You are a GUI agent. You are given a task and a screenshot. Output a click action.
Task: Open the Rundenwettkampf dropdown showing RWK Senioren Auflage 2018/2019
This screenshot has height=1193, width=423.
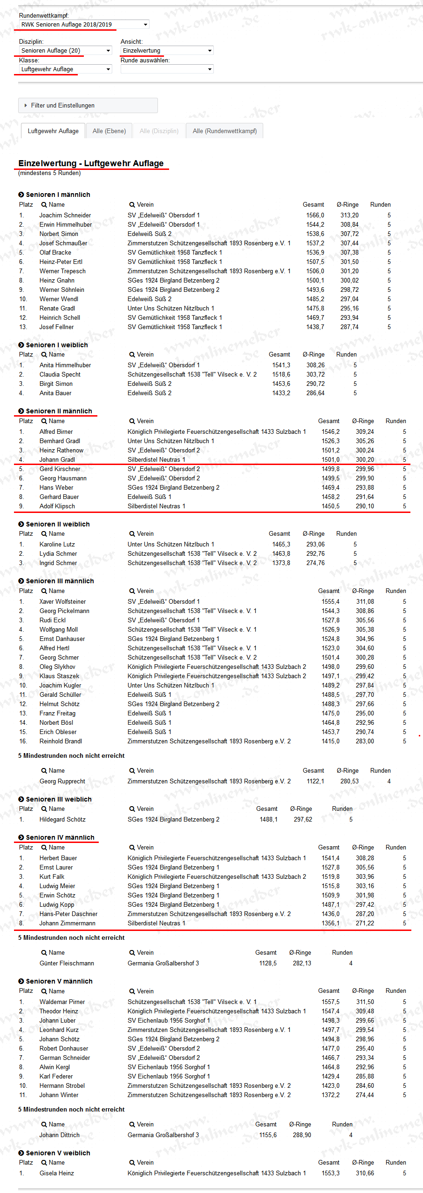pyautogui.click(x=84, y=25)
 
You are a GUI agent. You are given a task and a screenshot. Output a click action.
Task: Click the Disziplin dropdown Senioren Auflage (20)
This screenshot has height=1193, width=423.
pyautogui.click(x=65, y=51)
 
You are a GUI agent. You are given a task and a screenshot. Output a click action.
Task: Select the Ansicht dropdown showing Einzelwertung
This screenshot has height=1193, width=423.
pyautogui.click(x=167, y=51)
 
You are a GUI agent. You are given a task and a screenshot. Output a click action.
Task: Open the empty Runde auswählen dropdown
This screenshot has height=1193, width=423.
pyautogui.click(x=167, y=69)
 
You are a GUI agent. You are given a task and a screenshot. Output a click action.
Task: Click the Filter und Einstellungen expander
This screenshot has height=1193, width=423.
pyautogui.click(x=88, y=106)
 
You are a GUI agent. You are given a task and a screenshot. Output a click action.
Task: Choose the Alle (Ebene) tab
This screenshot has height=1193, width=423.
pyautogui.click(x=109, y=131)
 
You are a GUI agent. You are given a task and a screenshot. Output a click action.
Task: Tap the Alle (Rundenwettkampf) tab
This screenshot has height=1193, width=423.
pyautogui.click(x=225, y=131)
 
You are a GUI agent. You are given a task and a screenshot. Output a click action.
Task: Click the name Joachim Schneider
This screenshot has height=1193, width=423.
pyautogui.click(x=65, y=216)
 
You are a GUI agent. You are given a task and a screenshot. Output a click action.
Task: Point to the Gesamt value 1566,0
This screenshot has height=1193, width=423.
pyautogui.click(x=315, y=216)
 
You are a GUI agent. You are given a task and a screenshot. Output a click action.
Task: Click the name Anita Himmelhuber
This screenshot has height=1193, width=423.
pyautogui.click(x=65, y=365)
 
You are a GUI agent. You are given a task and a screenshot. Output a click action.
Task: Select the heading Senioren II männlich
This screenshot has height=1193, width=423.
pyautogui.click(x=59, y=411)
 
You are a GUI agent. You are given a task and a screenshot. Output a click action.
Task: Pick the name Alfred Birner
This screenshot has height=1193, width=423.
pyautogui.click(x=56, y=432)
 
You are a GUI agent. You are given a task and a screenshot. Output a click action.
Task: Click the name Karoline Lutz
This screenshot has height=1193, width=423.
pyautogui.click(x=57, y=545)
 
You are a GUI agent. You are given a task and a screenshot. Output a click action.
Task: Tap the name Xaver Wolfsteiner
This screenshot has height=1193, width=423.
pyautogui.click(x=62, y=602)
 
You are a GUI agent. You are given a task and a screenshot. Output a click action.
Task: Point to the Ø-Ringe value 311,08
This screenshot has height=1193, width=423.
pyautogui.click(x=365, y=602)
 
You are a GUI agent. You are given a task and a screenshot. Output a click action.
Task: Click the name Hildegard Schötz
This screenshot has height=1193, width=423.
pyautogui.click(x=62, y=820)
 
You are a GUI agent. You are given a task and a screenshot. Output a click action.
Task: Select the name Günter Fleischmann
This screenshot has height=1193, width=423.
pyautogui.click(x=67, y=964)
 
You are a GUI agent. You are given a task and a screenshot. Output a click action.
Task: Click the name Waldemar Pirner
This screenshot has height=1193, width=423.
pyautogui.click(x=62, y=1002)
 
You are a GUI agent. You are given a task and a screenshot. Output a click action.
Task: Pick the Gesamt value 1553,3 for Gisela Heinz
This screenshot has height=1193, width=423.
pyautogui.click(x=330, y=1173)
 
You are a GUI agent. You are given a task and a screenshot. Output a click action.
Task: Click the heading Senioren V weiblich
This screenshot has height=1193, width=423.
pyautogui.click(x=58, y=1153)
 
